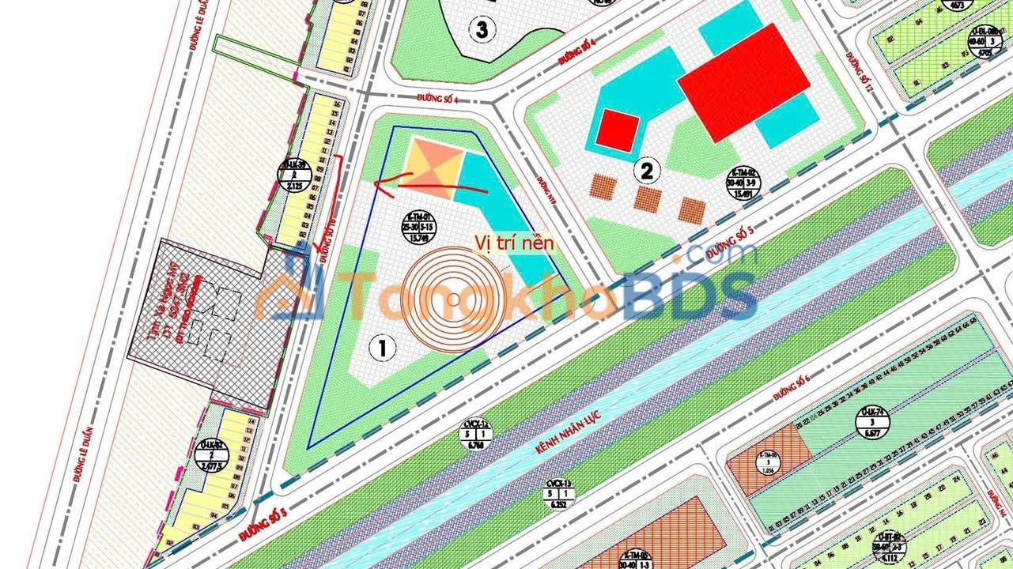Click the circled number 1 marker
(x=383, y=346)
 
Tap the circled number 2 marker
(x=647, y=169)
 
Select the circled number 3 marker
(x=482, y=30)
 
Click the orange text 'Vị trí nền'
(x=515, y=243)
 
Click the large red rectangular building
(x=744, y=82)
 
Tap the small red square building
(x=617, y=130)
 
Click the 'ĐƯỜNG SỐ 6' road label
(x=792, y=386)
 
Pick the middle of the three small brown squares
(x=647, y=199)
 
